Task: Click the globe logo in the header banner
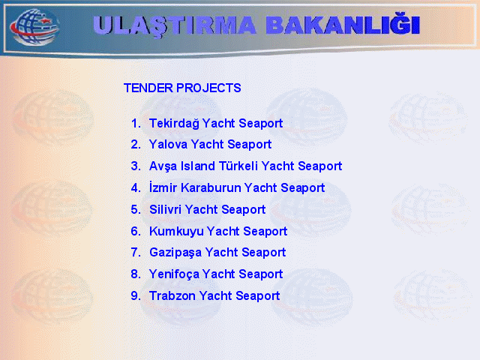tap(34, 27)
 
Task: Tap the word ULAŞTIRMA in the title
tap(175, 25)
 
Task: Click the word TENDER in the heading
tap(148, 88)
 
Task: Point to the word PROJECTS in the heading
tap(208, 88)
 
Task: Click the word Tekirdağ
tap(174, 123)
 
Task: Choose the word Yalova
tap(168, 144)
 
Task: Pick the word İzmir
tap(163, 187)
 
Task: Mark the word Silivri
tap(165, 209)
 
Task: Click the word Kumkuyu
tap(176, 232)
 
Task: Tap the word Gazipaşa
tap(175, 253)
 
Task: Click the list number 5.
tap(136, 209)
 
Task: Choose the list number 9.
tap(136, 295)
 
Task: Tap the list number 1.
tap(136, 123)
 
